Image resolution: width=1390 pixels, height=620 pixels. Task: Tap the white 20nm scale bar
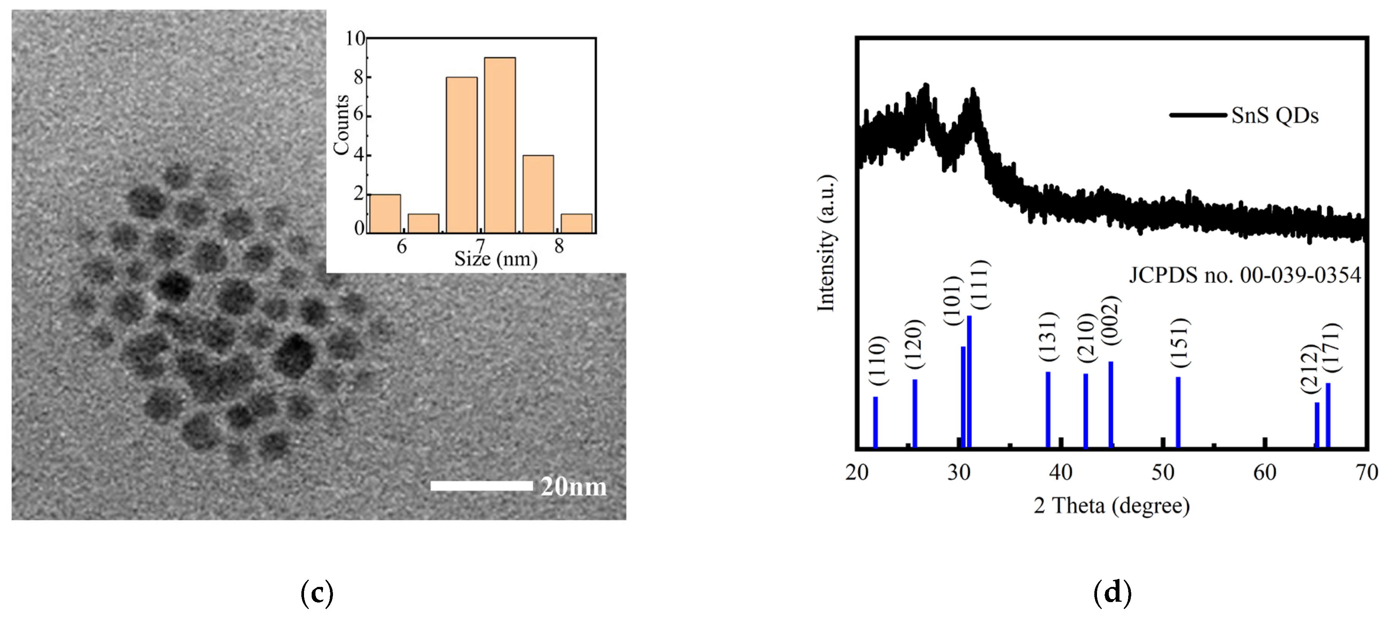click(481, 486)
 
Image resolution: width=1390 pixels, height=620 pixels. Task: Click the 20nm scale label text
click(573, 487)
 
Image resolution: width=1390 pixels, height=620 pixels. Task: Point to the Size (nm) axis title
click(495, 259)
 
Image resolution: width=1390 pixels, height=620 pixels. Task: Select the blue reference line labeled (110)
click(875, 422)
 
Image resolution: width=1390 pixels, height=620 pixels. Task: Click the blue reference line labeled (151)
click(1178, 412)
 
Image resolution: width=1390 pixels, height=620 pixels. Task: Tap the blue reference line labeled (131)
click(1048, 409)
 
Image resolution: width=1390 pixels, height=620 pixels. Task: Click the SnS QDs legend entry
click(1245, 116)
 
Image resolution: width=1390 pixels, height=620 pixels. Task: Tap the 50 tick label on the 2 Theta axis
click(1163, 473)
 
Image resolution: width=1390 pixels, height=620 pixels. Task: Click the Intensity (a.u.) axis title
click(826, 243)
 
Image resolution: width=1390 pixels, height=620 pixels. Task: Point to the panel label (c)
click(317, 593)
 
